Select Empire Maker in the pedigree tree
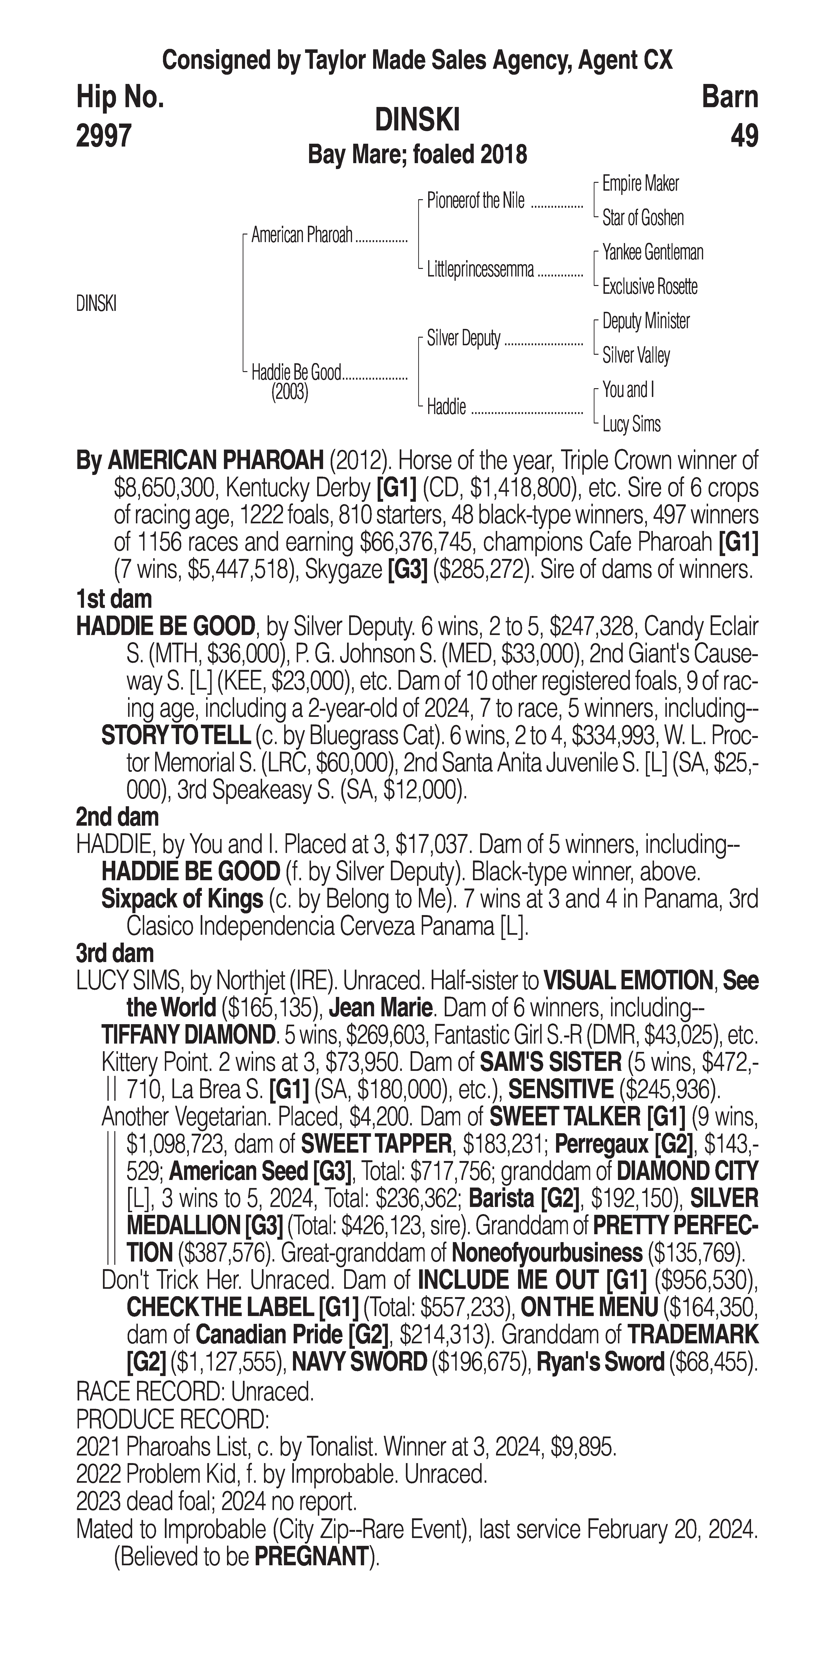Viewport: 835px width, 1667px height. pyautogui.click(x=640, y=184)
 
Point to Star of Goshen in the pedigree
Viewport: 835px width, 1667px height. pyautogui.click(x=643, y=218)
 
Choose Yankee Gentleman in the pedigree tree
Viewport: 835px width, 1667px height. pyautogui.click(x=653, y=252)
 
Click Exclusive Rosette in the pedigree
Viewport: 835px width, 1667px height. pyautogui.click(x=650, y=287)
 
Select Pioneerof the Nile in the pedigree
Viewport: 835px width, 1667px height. pyautogui.click(x=476, y=201)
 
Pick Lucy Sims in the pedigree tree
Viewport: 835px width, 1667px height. pyautogui.click(x=631, y=424)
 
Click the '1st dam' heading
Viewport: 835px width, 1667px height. pyautogui.click(x=114, y=599)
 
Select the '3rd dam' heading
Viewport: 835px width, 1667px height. pyautogui.click(x=115, y=953)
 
